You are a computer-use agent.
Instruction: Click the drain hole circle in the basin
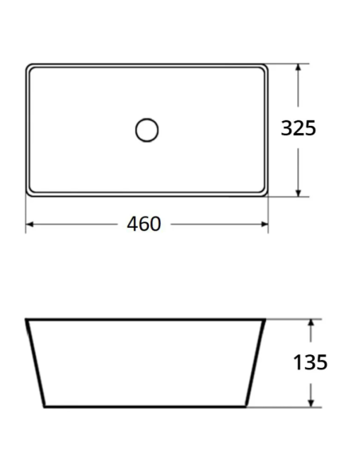coord(147,119)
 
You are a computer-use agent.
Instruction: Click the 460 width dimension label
coord(144,224)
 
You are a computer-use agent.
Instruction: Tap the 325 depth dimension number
coord(299,128)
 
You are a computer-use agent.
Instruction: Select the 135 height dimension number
coord(310,362)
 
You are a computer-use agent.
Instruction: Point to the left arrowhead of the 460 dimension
coord(29,225)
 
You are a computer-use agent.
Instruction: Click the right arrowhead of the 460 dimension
coord(264,225)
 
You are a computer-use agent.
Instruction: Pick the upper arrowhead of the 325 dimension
coord(299,68)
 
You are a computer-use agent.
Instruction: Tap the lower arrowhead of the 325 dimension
coord(299,193)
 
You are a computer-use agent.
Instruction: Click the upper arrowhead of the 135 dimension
coord(311,323)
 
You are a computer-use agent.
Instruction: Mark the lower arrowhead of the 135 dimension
coord(311,403)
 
